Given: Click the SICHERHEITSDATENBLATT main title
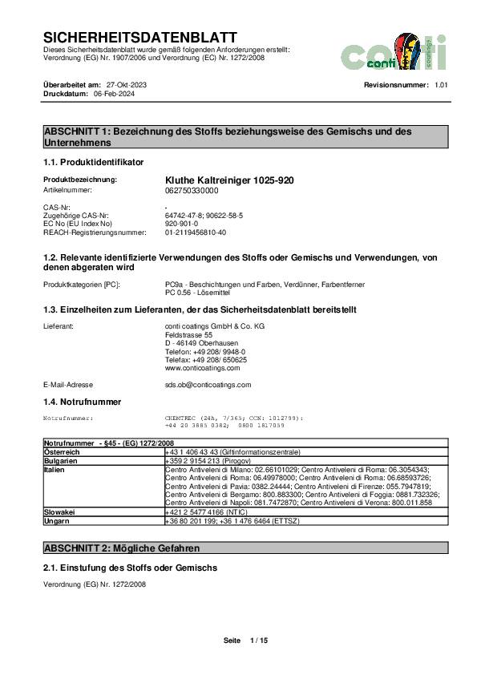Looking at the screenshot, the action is (x=139, y=38).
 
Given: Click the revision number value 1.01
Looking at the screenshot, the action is (x=442, y=85).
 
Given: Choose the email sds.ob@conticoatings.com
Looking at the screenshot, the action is (x=208, y=385).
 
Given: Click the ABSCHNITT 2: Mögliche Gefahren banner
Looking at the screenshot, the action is (x=120, y=548).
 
